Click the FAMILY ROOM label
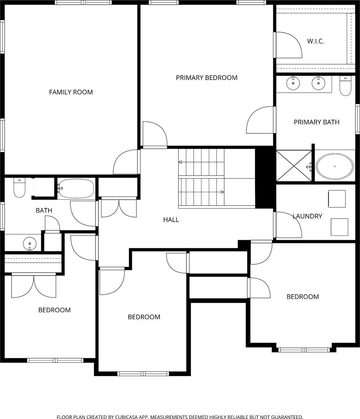coord(71,92)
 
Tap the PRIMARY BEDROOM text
coord(206,78)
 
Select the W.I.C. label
coord(315,41)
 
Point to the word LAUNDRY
coord(307,216)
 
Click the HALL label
coord(171,220)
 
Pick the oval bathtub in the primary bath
coord(335,167)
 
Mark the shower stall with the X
coord(294,166)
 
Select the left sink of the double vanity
coord(293,83)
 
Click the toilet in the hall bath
coord(19,188)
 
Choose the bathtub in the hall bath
coord(76,189)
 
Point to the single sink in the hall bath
coord(30,243)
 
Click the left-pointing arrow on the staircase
coord(181,162)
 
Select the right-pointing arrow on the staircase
coord(222,192)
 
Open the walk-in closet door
coord(288,45)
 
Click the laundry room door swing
coord(288,225)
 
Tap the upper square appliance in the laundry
coord(337,199)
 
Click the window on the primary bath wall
coord(357,119)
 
